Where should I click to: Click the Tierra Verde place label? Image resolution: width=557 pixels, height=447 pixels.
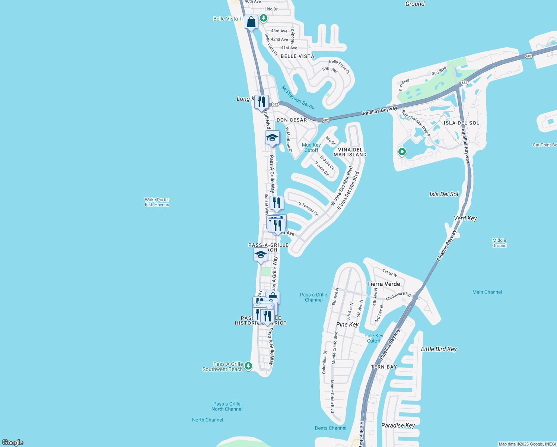383,284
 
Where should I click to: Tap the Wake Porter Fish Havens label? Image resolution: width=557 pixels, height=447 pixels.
157,202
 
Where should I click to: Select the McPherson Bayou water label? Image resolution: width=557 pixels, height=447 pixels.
298,98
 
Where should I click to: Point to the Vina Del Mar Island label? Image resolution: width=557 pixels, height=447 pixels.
350,152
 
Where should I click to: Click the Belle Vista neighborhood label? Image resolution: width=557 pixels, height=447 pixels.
297,56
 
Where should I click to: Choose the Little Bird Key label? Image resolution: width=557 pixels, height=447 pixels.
439,349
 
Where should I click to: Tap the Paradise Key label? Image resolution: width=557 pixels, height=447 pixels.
398,425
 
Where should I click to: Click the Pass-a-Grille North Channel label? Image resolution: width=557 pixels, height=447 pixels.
227,406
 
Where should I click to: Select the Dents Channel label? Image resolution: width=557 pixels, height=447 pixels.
331,428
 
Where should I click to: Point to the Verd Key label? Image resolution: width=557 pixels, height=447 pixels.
465,218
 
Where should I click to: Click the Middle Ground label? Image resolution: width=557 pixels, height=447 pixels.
499,243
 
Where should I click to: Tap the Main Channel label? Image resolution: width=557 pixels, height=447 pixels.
487,292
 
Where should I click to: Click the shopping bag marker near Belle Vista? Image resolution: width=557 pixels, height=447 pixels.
251,22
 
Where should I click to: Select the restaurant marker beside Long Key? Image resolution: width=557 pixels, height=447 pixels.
261,101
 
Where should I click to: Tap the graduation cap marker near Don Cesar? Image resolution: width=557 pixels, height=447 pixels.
272,137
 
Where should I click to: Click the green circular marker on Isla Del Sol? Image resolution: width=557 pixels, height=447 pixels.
402,152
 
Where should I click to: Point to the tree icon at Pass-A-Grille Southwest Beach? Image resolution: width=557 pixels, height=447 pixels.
248,366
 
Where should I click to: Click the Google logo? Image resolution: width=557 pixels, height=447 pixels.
13,442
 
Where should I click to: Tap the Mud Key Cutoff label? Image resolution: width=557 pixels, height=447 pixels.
311,148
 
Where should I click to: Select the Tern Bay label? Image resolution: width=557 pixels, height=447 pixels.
384,367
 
